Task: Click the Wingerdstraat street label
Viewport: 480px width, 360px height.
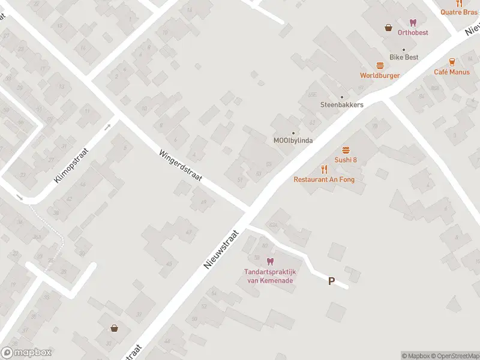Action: tap(181, 166)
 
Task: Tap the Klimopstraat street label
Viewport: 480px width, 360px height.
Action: tap(75, 163)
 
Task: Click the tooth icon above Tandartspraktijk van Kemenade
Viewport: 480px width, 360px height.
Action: tap(269, 262)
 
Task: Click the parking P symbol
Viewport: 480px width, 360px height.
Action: tap(331, 281)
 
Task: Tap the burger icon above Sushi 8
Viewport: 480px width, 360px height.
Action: tap(346, 150)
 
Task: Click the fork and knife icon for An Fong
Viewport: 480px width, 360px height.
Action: tap(324, 169)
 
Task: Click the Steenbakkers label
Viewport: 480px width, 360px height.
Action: tap(342, 104)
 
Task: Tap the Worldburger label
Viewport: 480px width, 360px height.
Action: tap(380, 76)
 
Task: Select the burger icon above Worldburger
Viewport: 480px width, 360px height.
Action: tap(380, 65)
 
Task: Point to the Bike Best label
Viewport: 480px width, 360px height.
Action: tap(404, 57)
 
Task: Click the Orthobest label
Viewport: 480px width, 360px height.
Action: tap(413, 32)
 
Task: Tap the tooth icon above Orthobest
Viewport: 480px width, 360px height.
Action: tap(413, 22)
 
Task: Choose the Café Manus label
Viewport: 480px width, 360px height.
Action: tap(452, 72)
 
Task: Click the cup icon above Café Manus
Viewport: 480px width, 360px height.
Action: tap(452, 62)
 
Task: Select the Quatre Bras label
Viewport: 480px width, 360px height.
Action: tap(459, 11)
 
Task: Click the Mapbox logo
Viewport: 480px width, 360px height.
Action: tap(26, 353)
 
